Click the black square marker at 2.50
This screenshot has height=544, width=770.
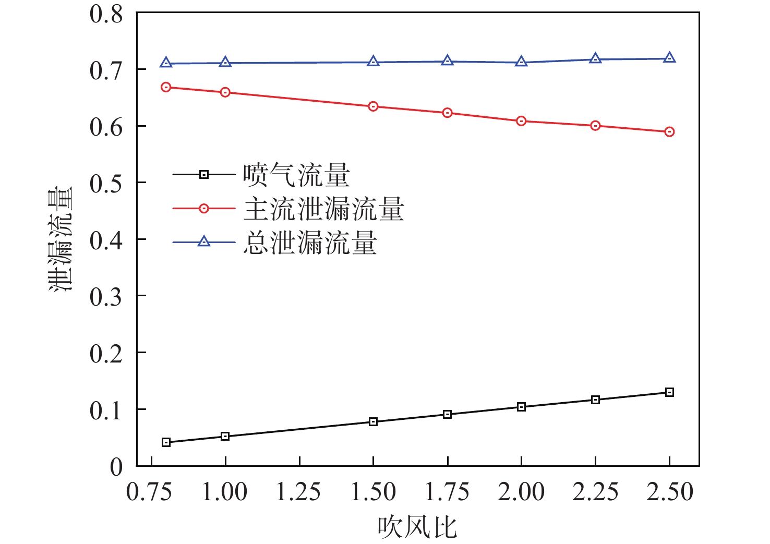pyautogui.click(x=669, y=392)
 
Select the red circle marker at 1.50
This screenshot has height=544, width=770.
pyautogui.click(x=373, y=106)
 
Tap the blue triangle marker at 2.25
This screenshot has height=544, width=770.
pyautogui.click(x=595, y=59)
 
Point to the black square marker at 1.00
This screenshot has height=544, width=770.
pyautogui.click(x=225, y=436)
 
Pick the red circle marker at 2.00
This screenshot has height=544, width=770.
pyautogui.click(x=521, y=121)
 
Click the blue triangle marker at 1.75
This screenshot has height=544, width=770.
pyautogui.click(x=447, y=61)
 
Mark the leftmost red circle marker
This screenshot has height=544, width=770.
pyautogui.click(x=166, y=87)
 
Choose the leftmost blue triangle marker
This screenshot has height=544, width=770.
pyautogui.click(x=166, y=63)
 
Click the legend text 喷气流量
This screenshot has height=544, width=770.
pyautogui.click(x=296, y=175)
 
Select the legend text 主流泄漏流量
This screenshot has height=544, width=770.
pyautogui.click(x=323, y=209)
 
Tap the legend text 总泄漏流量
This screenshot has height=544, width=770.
pyautogui.click(x=310, y=243)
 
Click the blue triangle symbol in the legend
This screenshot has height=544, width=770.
pyautogui.click(x=204, y=241)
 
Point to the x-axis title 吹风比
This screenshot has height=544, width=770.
pyautogui.click(x=417, y=527)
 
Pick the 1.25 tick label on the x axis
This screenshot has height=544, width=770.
pyautogui.click(x=298, y=492)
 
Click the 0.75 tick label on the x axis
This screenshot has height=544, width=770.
pyautogui.click(x=150, y=492)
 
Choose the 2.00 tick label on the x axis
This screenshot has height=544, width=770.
pyautogui.click(x=521, y=492)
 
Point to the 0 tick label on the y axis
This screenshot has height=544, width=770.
pyautogui.click(x=116, y=466)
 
